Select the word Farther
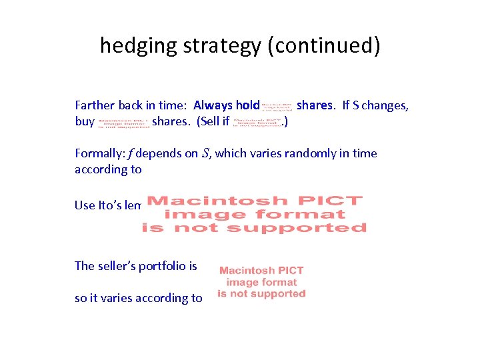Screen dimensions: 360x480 95,105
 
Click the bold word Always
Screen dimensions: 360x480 213,105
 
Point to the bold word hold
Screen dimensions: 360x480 247,105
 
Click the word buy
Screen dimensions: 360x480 85,122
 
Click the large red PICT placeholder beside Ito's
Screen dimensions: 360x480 254,214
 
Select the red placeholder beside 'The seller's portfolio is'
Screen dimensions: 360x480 261,282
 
